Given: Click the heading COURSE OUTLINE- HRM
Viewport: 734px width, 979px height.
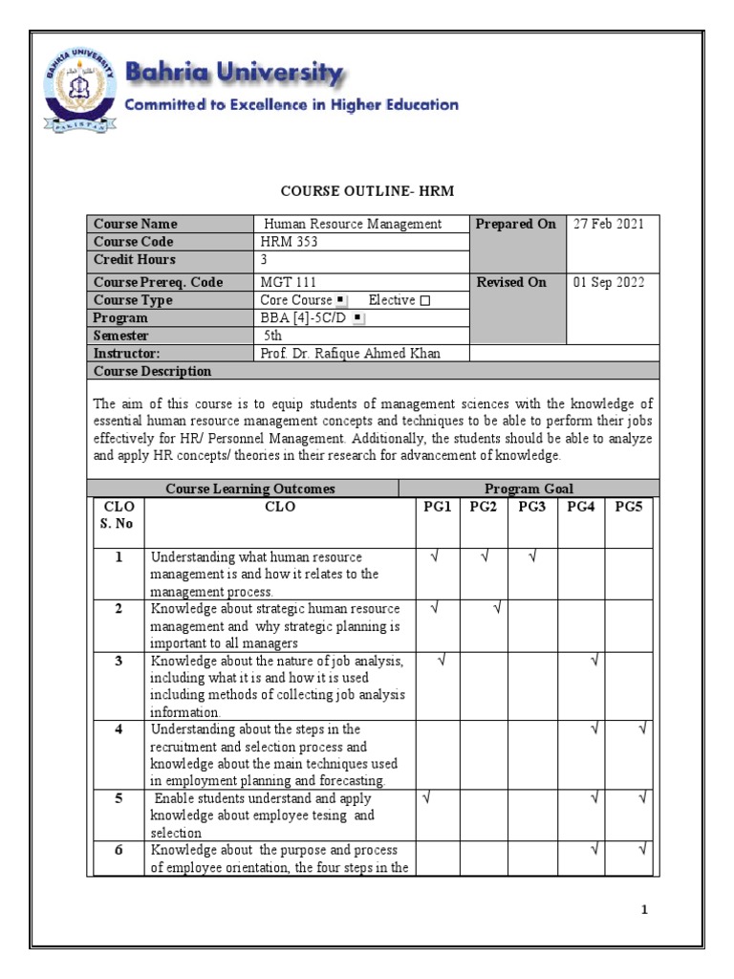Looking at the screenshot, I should click(x=366, y=191).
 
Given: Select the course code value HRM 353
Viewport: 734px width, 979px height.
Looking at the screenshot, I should click(x=290, y=242).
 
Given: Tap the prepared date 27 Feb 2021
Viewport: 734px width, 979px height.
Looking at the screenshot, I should click(x=609, y=224).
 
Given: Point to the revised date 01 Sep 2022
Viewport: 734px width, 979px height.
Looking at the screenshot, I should click(x=609, y=282).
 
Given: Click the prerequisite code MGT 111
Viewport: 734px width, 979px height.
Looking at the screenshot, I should click(x=289, y=282).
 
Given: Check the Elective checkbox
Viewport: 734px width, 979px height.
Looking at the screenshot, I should click(x=425, y=300).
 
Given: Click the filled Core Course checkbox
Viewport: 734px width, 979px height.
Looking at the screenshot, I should click(x=341, y=300).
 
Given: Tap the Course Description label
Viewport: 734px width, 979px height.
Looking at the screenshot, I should click(x=152, y=371).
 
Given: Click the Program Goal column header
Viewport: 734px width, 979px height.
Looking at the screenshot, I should click(x=529, y=489).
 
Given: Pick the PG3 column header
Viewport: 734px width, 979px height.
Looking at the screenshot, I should click(x=531, y=507).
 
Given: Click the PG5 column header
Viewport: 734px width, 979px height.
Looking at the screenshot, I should click(x=629, y=507).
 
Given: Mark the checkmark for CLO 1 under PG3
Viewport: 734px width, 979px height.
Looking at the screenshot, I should click(x=531, y=557).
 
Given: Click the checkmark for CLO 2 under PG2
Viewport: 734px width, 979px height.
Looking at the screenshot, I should click(x=497, y=608).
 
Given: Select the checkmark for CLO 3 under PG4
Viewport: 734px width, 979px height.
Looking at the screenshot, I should click(x=594, y=660).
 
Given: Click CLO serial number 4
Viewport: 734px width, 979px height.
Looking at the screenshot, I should click(x=119, y=729).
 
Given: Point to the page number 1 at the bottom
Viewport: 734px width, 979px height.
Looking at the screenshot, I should click(x=645, y=909).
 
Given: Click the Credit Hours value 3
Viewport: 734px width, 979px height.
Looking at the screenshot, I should click(x=265, y=260).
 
